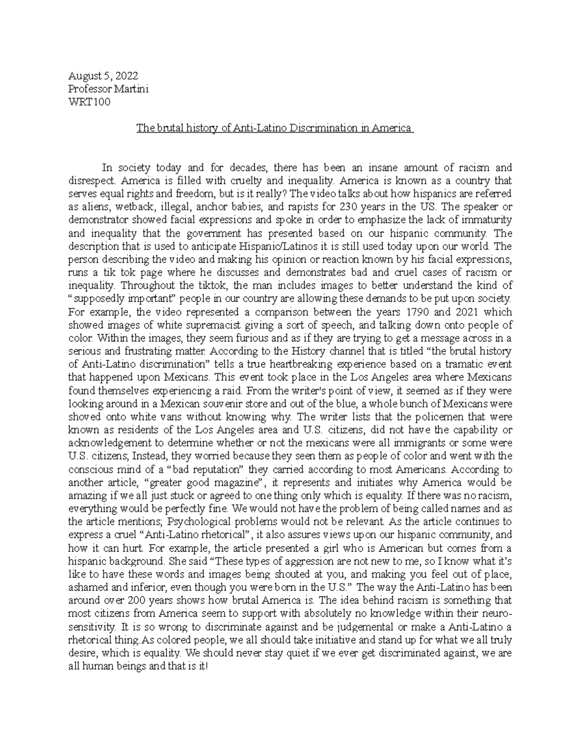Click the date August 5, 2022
[x=103, y=76]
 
